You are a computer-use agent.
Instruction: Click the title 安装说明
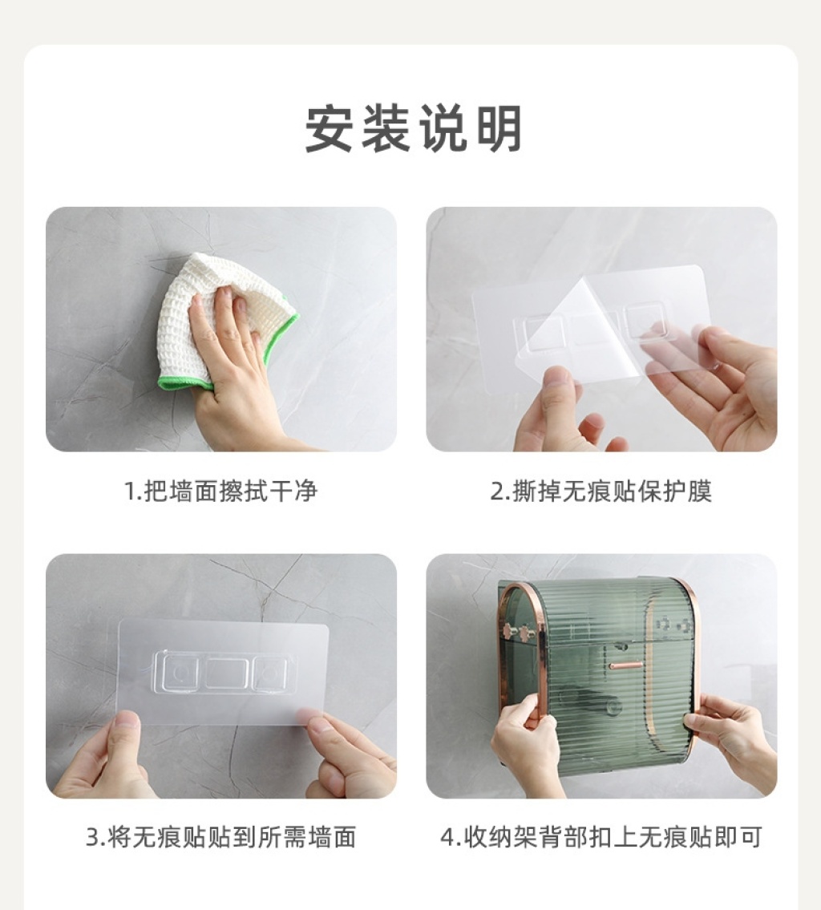[413, 128]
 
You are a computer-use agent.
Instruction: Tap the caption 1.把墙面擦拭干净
[221, 491]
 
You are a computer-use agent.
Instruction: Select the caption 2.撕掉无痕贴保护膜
[601, 491]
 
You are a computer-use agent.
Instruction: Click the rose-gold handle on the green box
[625, 665]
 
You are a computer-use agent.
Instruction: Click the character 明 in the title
[499, 128]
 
